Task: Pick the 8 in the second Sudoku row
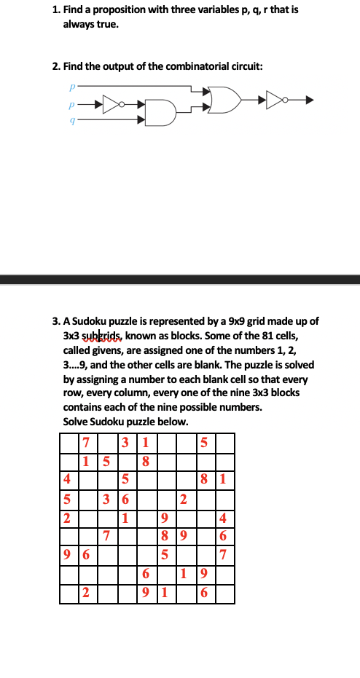(x=145, y=460)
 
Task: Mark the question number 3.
(x=56, y=320)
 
